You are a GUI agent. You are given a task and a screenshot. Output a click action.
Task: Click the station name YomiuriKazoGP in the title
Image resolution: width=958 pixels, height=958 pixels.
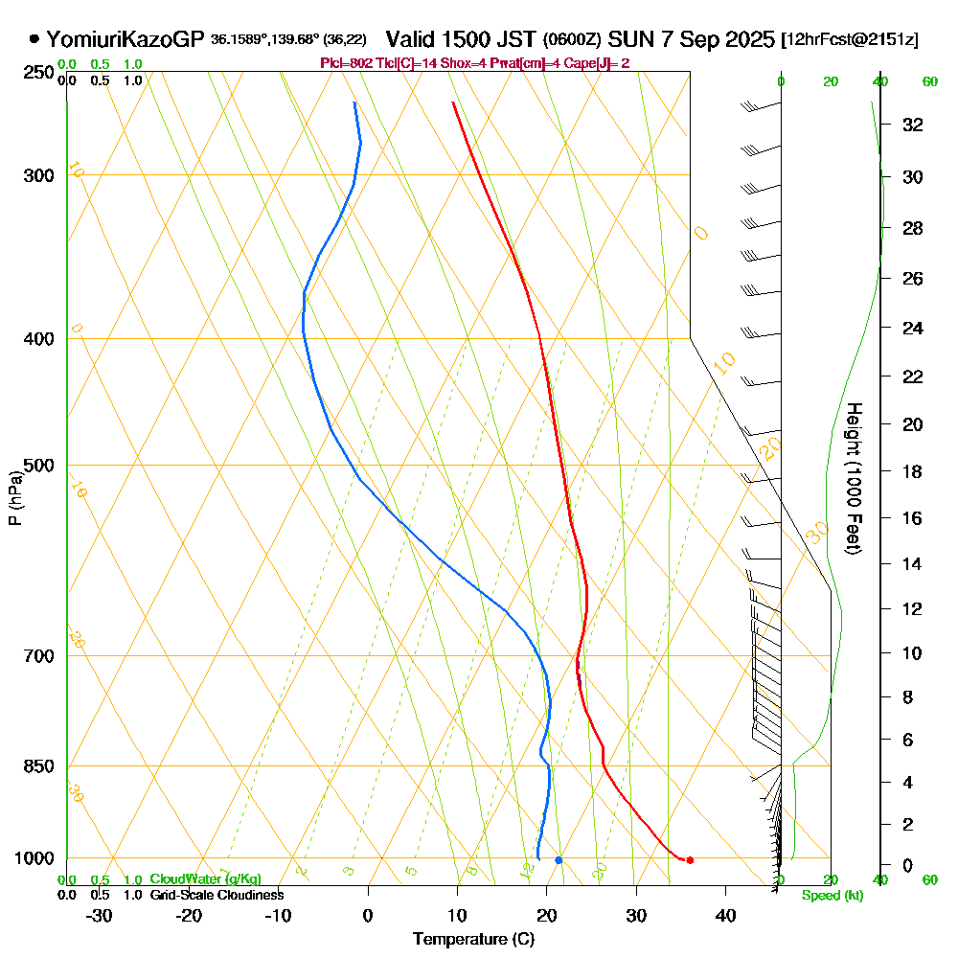tap(125, 39)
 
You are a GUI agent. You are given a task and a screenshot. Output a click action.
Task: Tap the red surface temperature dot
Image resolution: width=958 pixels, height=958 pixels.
tap(690, 859)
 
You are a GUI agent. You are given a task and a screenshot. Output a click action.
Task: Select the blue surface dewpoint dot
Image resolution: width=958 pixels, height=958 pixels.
tap(559, 859)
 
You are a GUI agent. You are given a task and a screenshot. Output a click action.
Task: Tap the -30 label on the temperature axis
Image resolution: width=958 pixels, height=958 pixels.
tap(100, 915)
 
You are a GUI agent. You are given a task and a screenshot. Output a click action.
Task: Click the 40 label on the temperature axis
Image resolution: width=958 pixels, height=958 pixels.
tap(725, 915)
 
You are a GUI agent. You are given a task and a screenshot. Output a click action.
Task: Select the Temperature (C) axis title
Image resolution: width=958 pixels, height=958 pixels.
tap(473, 940)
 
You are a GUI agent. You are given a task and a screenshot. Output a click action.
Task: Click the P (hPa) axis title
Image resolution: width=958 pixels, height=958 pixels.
tap(14, 498)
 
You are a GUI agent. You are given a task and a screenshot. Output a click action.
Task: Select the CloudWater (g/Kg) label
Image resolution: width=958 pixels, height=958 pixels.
tap(205, 879)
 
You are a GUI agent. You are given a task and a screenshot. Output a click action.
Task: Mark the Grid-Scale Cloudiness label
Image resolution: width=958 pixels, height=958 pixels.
tap(217, 895)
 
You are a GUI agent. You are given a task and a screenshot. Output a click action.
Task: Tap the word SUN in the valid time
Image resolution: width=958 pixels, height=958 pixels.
tap(627, 39)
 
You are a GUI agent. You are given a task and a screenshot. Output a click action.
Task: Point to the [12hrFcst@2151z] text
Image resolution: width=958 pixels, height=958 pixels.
tap(851, 40)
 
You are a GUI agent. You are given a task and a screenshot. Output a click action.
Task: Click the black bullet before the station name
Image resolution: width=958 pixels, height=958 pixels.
tap(34, 39)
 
